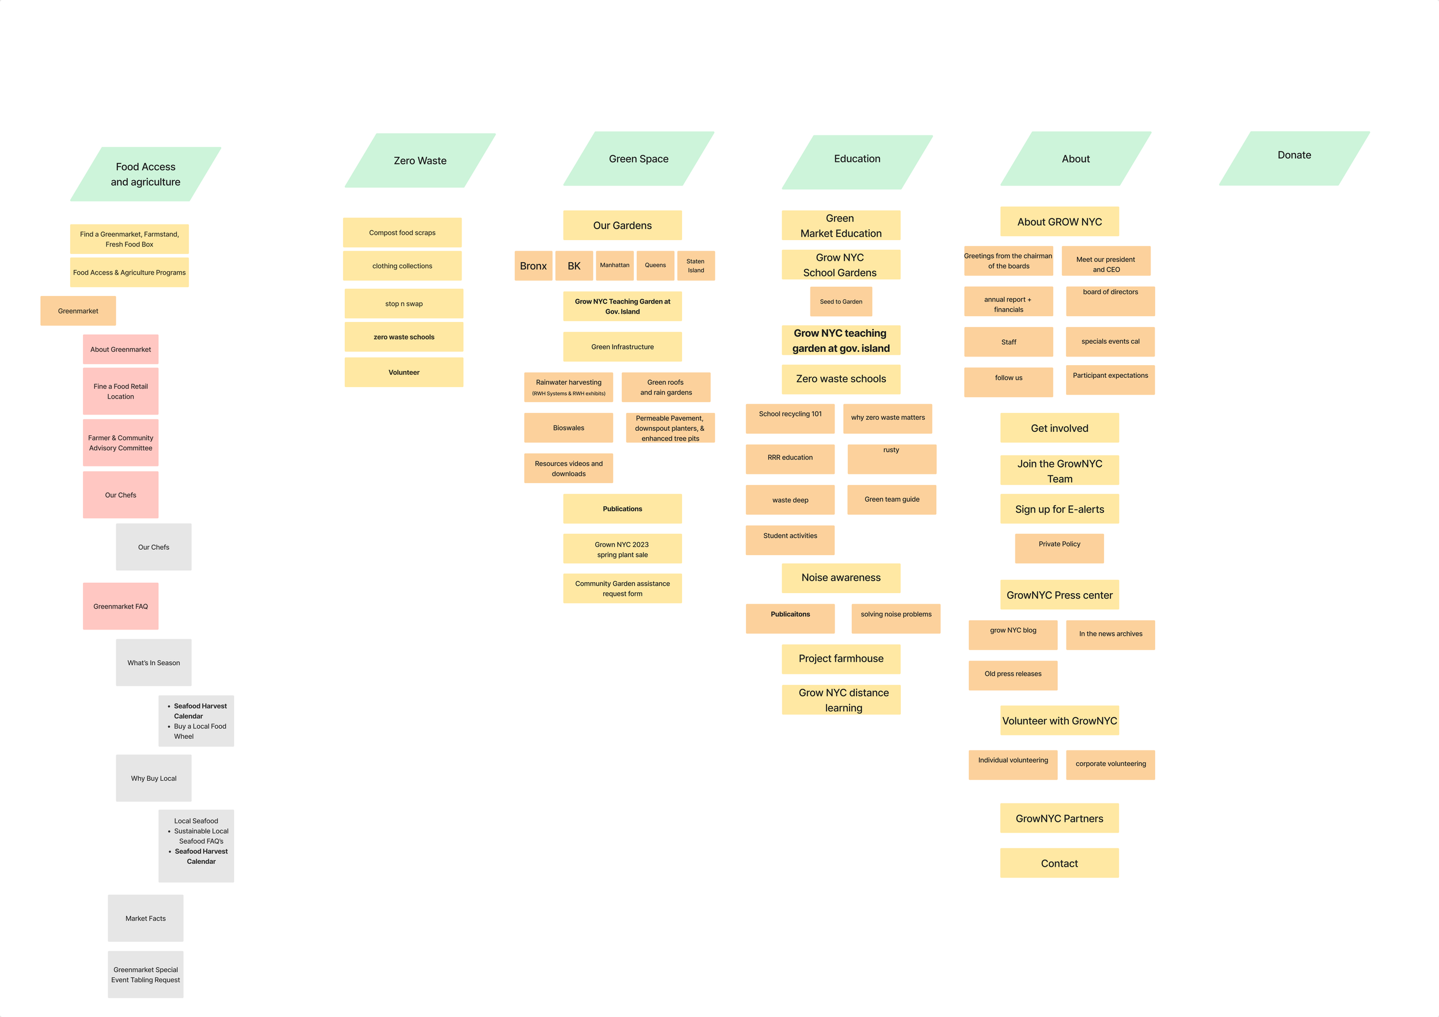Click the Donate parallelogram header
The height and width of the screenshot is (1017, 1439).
click(x=1293, y=158)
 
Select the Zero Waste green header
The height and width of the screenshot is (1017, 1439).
click(x=420, y=161)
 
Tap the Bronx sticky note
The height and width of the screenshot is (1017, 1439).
click(x=533, y=266)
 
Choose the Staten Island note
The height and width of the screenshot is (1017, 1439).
click(x=696, y=266)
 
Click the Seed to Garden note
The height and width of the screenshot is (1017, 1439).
click(x=840, y=302)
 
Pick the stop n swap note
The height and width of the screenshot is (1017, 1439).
click(x=403, y=303)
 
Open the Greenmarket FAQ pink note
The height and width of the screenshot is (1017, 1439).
click(x=120, y=606)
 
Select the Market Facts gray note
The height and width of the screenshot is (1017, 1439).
click(x=146, y=918)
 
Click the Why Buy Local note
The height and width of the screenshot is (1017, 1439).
click(x=154, y=778)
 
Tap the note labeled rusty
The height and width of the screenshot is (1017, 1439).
click(x=891, y=459)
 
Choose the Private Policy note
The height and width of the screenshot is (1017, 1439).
click(x=1059, y=549)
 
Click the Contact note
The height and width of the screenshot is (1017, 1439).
click(x=1059, y=863)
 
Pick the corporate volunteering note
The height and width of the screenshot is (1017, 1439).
click(x=1110, y=764)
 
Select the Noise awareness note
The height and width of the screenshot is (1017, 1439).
click(x=840, y=578)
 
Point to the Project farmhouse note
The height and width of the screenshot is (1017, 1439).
click(x=840, y=658)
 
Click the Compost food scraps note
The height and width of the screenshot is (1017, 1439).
click(x=402, y=233)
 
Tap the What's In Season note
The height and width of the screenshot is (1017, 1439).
click(x=154, y=663)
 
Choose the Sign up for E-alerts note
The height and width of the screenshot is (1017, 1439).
click(x=1059, y=509)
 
